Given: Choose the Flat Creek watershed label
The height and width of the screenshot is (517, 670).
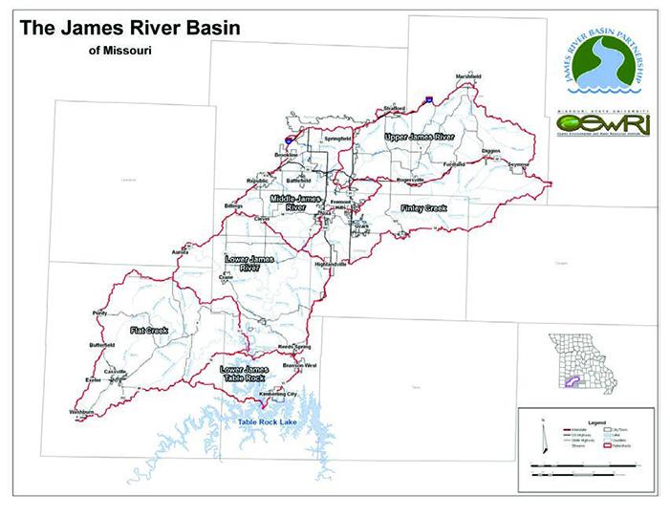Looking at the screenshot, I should (x=148, y=332).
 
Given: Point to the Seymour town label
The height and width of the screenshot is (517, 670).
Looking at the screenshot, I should (x=518, y=165).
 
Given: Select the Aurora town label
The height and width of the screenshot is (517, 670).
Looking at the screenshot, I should (x=180, y=252).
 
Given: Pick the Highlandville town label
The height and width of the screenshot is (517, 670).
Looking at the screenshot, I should (x=330, y=265).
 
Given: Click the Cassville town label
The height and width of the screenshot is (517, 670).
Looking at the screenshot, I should (x=116, y=371).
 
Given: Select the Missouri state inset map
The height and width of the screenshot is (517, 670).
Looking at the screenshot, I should (x=577, y=358).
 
